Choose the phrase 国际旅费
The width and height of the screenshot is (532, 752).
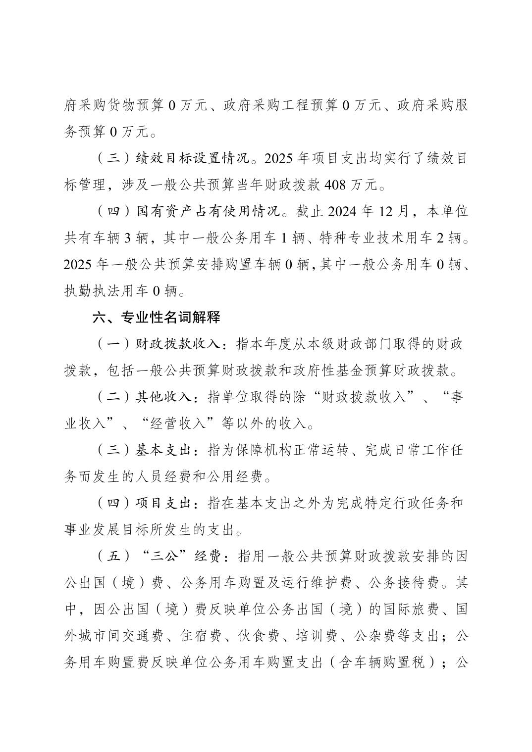coord(410,610)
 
